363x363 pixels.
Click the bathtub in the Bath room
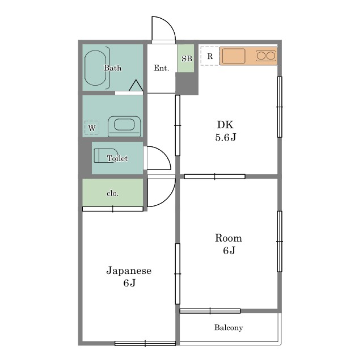click(95, 68)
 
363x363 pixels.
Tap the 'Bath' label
click(112, 68)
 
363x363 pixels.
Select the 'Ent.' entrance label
click(161, 68)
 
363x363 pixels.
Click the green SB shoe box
click(186, 58)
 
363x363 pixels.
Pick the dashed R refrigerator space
click(210, 56)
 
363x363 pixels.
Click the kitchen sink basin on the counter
click(234, 56)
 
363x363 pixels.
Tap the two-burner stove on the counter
click(266, 56)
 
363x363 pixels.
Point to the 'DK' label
click(225, 125)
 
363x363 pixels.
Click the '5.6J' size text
click(226, 137)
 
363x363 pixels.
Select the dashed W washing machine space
click(92, 128)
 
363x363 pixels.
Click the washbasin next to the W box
click(124, 126)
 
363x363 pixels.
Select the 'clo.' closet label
click(112, 193)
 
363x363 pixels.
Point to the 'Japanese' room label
click(129, 271)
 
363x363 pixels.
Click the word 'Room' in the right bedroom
click(228, 238)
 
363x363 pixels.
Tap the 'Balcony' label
click(229, 328)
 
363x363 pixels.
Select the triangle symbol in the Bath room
click(136, 86)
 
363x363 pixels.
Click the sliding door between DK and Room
click(214, 176)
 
